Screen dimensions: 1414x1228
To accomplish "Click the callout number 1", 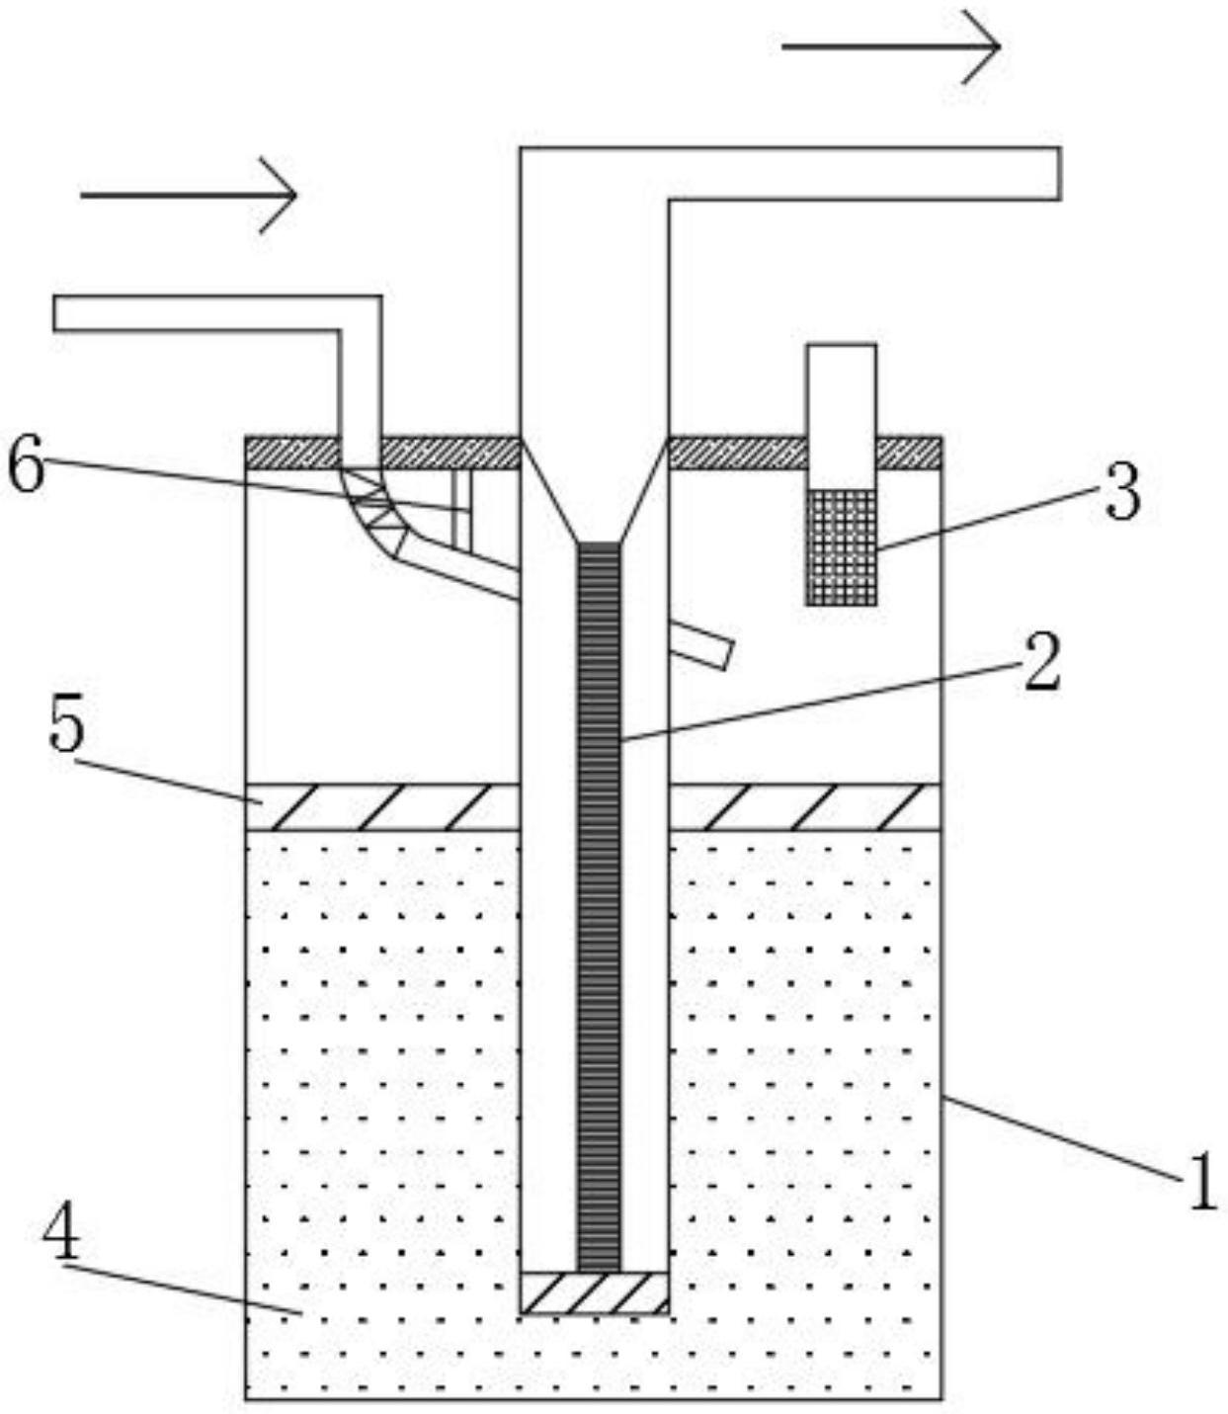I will click(1201, 1183).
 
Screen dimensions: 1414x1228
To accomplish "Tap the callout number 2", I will click(1041, 663).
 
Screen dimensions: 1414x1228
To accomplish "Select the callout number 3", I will click(1121, 492).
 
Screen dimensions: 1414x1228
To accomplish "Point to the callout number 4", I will click(61, 1234).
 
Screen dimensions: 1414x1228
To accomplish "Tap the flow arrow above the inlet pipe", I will click(189, 195).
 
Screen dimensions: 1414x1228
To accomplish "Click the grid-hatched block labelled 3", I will click(842, 546).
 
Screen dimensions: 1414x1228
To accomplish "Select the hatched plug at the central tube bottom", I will click(594, 1292).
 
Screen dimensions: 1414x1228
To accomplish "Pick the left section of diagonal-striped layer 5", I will click(381, 806).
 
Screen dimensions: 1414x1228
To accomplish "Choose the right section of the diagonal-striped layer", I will click(804, 806).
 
